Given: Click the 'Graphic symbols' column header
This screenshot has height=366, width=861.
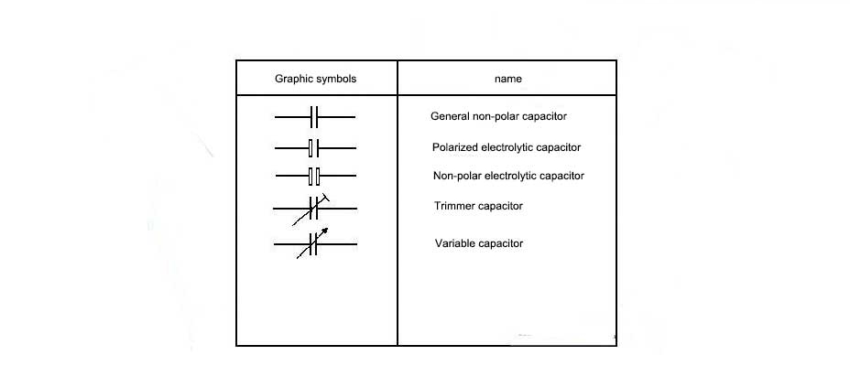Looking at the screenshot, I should click(x=315, y=79).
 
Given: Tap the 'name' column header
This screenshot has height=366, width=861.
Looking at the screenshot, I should click(x=507, y=79).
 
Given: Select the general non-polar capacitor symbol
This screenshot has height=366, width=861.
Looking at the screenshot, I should click(x=314, y=117).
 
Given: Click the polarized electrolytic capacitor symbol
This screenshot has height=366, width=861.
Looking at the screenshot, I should click(x=314, y=147).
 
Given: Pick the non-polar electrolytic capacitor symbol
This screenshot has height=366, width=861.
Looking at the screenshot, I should click(x=314, y=175).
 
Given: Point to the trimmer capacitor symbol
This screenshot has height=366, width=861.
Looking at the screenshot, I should click(x=314, y=210).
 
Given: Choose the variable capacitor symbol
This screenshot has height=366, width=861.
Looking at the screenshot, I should click(x=314, y=243).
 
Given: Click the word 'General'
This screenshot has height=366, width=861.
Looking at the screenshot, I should click(x=449, y=117).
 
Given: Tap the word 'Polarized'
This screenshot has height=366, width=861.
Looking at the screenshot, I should click(x=455, y=147).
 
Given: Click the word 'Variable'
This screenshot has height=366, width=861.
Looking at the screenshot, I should click(x=455, y=243).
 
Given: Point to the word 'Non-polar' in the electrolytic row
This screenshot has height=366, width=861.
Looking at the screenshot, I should click(x=457, y=176).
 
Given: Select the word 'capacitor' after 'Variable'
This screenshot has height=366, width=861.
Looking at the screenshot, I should click(x=502, y=243).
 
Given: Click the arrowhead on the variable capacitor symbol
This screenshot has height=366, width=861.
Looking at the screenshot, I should click(x=324, y=231).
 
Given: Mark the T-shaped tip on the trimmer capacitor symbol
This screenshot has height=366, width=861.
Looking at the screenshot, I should click(x=325, y=198).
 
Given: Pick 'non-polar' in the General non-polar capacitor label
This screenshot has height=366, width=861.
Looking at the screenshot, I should click(x=496, y=117).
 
